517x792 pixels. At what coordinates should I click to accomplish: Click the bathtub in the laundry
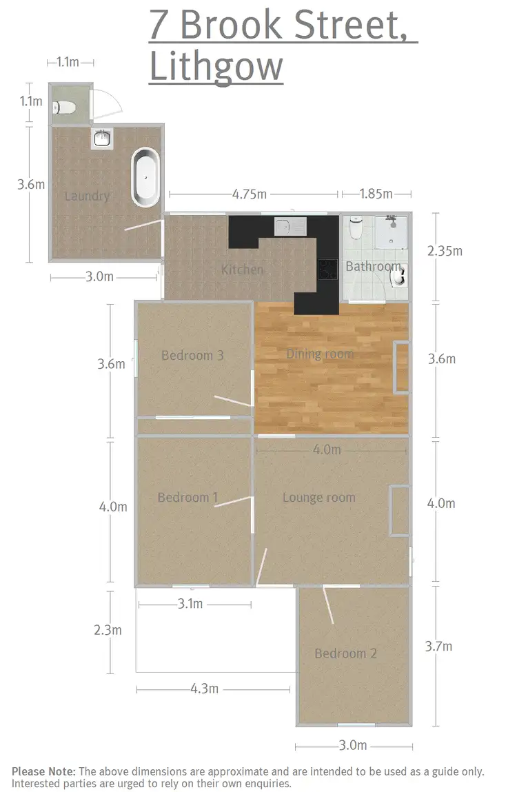click(145, 177)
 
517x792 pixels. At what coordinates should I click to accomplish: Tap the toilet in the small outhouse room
click(65, 107)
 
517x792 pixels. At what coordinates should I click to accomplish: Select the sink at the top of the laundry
click(102, 138)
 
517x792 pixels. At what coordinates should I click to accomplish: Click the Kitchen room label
click(242, 270)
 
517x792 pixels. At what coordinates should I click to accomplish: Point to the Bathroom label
click(373, 266)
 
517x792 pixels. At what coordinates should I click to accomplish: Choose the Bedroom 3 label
click(192, 356)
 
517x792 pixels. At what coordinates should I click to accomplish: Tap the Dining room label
click(320, 354)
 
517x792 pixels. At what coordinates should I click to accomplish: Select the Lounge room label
click(319, 497)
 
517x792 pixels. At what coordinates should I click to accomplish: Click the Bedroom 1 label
click(187, 497)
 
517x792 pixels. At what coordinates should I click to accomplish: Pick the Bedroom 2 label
click(345, 653)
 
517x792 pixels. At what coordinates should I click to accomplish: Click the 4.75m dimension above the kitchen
click(250, 194)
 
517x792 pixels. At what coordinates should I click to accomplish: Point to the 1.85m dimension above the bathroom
click(376, 194)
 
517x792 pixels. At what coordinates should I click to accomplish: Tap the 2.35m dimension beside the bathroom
click(445, 251)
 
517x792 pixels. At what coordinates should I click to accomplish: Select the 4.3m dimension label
click(204, 689)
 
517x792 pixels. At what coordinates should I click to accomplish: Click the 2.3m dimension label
click(108, 630)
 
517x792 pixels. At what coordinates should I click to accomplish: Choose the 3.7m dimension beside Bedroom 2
click(439, 646)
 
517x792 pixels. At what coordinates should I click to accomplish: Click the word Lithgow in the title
click(216, 68)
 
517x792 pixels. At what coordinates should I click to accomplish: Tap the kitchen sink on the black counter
click(290, 226)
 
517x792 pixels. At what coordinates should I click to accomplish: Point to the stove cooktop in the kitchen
click(327, 269)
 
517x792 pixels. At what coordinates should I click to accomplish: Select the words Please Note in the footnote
click(43, 771)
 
